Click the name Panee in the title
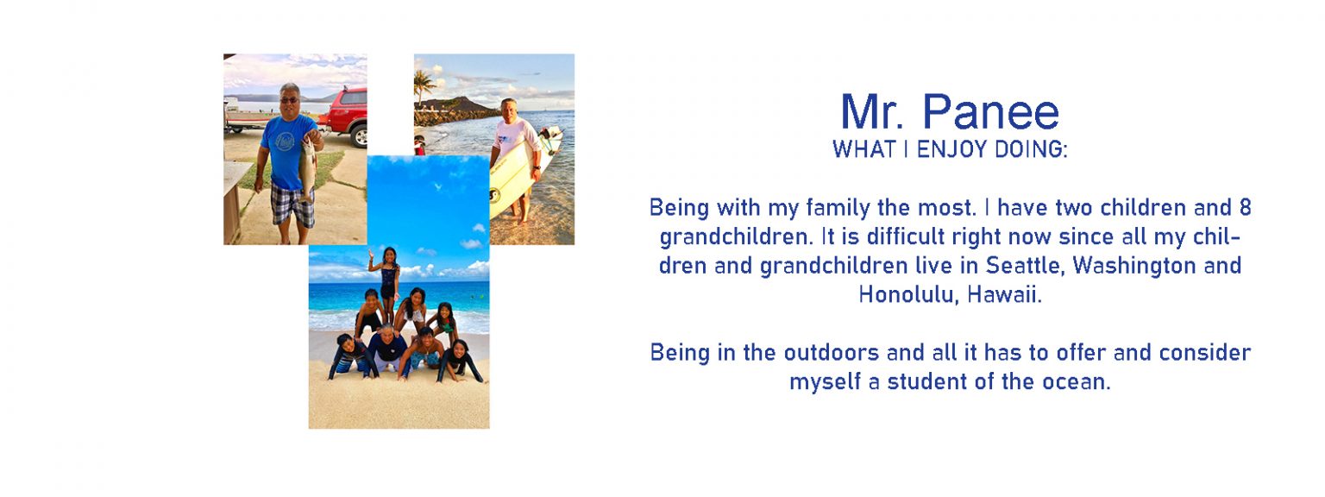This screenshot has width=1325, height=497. (991, 111)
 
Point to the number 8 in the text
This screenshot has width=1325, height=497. (1245, 208)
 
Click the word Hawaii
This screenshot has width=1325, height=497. (1004, 294)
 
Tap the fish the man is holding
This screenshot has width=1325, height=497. (306, 167)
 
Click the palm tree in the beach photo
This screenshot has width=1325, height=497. (424, 85)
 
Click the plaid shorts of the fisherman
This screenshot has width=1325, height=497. (292, 204)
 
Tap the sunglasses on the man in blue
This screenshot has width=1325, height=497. (289, 100)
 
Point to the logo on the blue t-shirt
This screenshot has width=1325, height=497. (286, 141)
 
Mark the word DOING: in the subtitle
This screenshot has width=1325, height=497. (1032, 149)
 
